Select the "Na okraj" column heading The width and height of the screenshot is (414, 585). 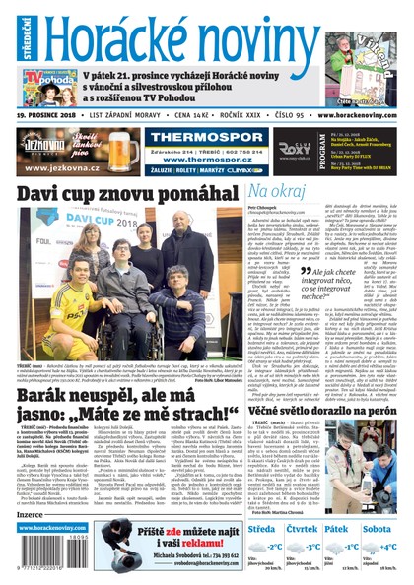278,190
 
